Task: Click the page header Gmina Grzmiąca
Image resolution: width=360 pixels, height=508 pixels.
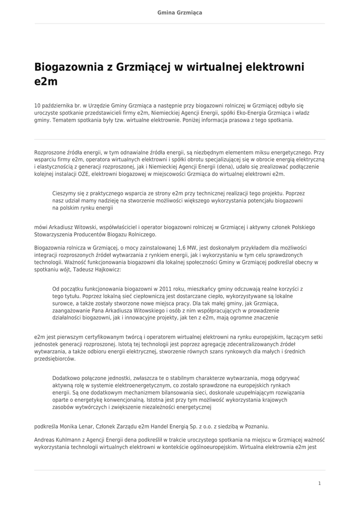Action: point(180,12)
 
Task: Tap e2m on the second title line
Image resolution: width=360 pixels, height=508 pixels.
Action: point(46,82)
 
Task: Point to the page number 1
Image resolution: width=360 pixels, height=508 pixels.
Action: point(320,483)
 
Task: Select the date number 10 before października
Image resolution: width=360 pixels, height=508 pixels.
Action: point(37,106)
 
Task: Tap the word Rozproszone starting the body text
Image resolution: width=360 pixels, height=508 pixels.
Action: point(50,153)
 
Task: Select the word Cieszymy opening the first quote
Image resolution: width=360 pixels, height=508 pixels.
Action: point(65,193)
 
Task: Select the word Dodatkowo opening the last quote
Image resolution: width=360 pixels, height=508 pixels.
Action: point(67,378)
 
